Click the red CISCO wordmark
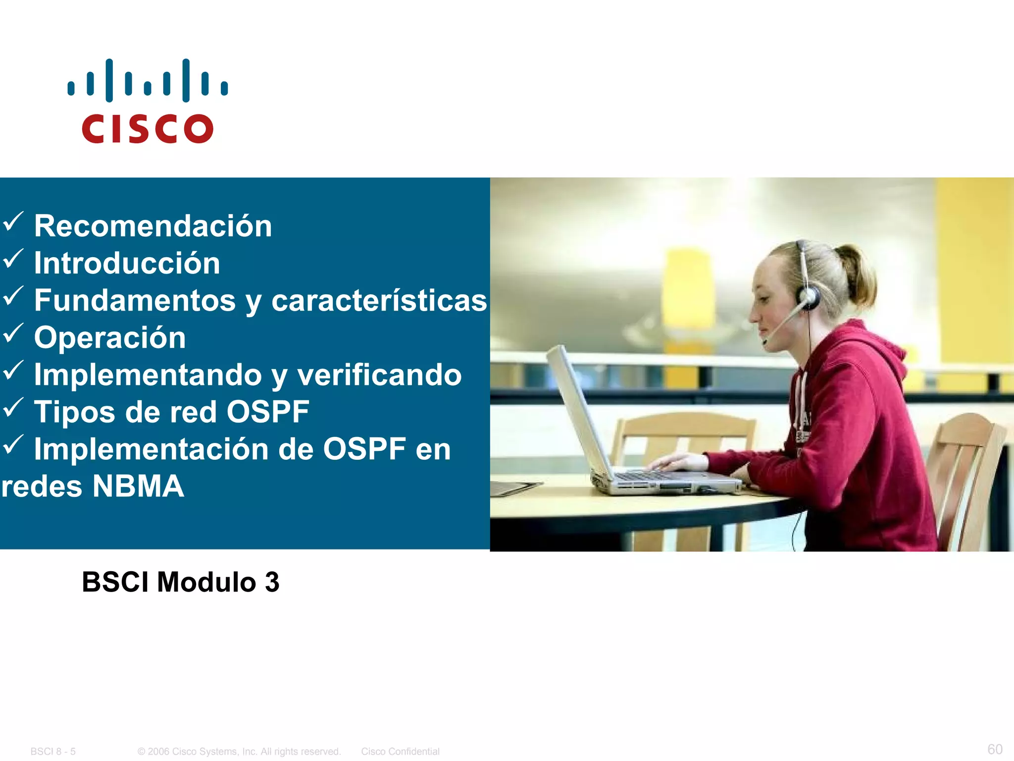tap(148, 129)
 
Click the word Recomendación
tap(153, 226)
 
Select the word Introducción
tap(127, 263)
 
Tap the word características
tap(379, 301)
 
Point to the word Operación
tap(110, 338)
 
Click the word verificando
tap(379, 375)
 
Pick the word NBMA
tap(138, 487)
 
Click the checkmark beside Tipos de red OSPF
tap(13, 408)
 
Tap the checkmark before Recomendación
tap(13, 221)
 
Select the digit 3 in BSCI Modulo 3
tap(272, 582)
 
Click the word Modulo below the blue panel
tap(206, 582)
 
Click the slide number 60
tap(995, 749)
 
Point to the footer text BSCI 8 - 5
tap(53, 752)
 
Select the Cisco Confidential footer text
tap(400, 752)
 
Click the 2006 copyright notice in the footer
tap(239, 752)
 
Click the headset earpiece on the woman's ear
tap(808, 297)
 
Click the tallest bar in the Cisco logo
tap(109, 80)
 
